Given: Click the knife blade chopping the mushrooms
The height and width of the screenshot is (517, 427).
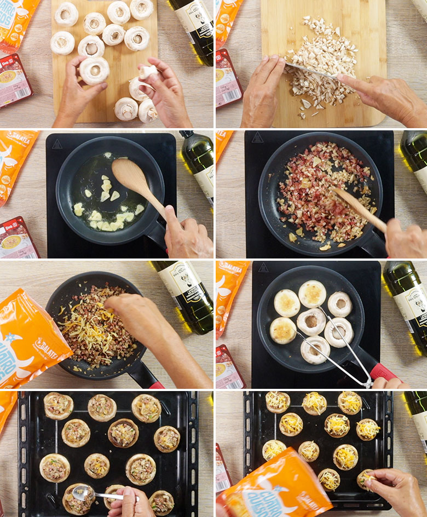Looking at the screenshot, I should pos(309,70).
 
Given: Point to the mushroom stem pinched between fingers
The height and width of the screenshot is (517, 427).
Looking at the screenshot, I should pos(148,72).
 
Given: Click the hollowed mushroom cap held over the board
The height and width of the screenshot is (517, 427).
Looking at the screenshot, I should pos(94,71).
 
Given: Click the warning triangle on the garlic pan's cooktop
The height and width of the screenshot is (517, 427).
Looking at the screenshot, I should pos(57,144).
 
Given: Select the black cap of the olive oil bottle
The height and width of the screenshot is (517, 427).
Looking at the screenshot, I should pos(187,134).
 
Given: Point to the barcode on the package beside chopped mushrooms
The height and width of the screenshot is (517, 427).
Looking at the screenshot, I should pos(229,98).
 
